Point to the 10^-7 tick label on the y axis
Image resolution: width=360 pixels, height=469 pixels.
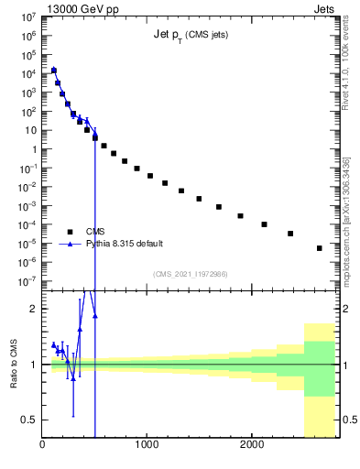27,281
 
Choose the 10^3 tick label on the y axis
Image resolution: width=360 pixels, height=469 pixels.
28,93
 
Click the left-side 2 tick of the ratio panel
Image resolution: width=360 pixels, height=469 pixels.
32,309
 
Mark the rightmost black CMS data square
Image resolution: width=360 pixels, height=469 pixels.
319,248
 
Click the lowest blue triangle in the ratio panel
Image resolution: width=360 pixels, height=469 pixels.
73,377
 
